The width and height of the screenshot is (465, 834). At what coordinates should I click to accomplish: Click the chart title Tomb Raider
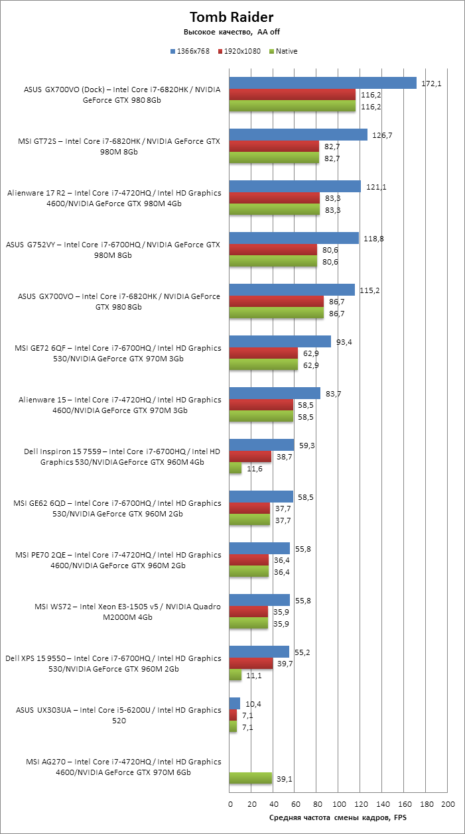pos(232,17)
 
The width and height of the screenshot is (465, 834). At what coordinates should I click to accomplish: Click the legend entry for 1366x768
pos(193,51)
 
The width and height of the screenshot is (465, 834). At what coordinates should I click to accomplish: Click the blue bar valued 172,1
pos(322,83)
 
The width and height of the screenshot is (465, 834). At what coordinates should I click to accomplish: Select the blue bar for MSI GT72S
pos(298,135)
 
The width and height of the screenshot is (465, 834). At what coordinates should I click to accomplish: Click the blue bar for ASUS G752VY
pos(294,238)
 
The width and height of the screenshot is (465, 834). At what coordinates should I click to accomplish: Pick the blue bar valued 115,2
pos(292,290)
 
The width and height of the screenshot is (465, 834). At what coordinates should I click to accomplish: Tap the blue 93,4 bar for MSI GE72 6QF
pos(280,341)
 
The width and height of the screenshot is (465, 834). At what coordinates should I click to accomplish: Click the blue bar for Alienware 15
pos(275,393)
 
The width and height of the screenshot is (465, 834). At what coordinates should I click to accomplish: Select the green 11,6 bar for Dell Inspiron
pos(235,469)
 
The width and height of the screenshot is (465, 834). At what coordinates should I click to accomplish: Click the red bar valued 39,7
pos(251,664)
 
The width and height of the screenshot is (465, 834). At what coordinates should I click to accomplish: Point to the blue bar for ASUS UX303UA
pos(234,703)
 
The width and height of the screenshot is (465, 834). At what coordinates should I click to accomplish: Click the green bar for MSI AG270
pos(250,779)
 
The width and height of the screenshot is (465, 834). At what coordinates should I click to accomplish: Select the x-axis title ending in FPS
pos(338,818)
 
